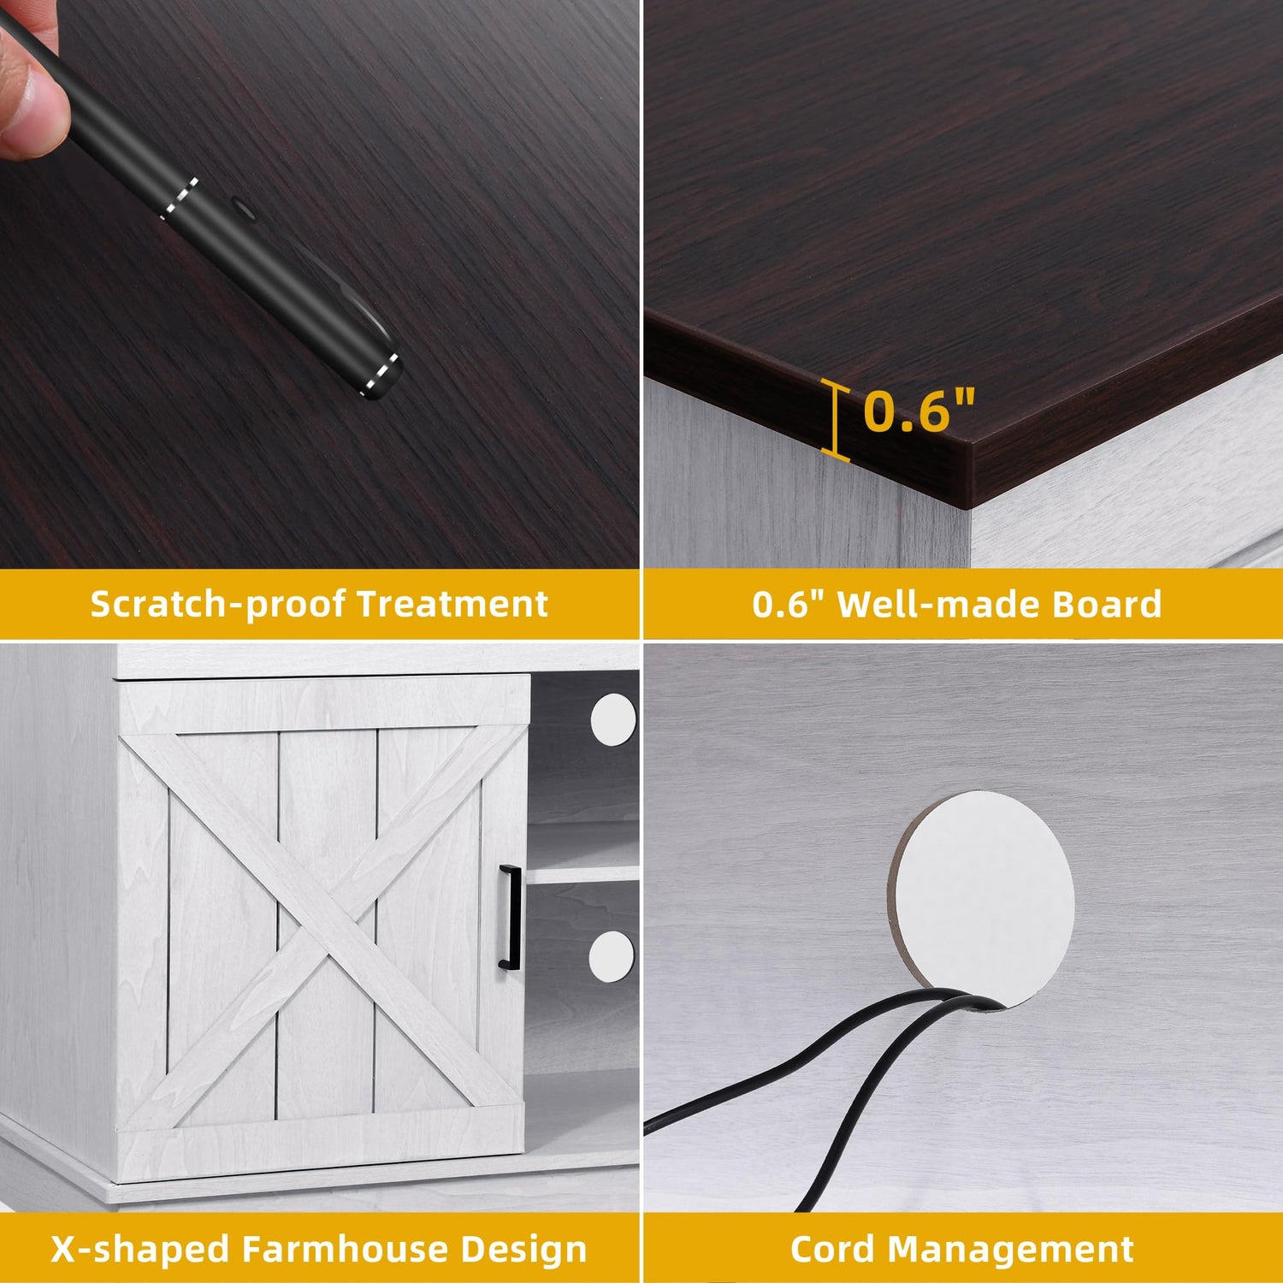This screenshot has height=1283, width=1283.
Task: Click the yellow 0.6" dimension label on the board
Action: (x=919, y=411)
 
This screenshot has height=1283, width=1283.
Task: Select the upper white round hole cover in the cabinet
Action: (x=612, y=718)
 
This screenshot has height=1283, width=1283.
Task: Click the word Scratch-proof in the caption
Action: (x=219, y=604)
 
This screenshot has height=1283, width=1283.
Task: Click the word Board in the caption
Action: (x=1107, y=604)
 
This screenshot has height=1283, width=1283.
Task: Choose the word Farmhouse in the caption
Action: (x=346, y=1250)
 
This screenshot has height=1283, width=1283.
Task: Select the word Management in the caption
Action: (x=1011, y=1250)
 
